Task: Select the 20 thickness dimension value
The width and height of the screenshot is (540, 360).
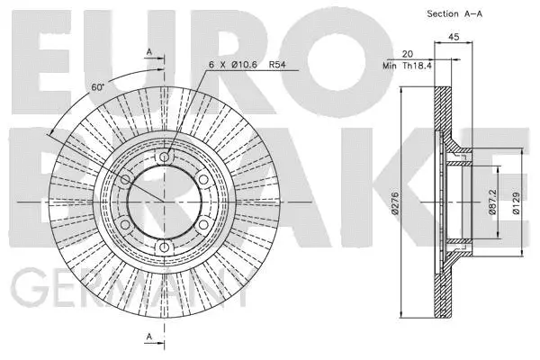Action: click(407, 54)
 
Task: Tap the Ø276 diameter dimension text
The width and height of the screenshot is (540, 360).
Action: click(393, 209)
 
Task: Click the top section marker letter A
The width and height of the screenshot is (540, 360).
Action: click(149, 52)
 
